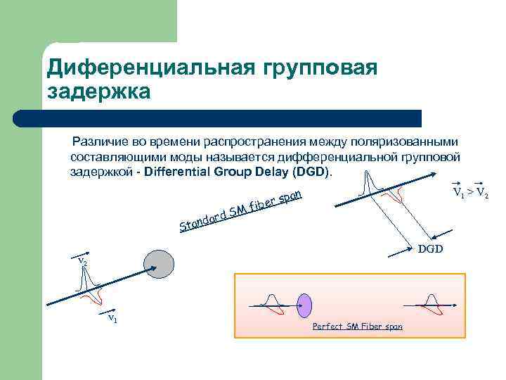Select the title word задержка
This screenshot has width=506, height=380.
[98, 92]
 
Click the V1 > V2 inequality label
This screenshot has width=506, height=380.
[470, 191]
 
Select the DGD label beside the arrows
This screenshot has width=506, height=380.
[431, 249]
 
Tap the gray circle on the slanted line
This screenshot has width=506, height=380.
[158, 263]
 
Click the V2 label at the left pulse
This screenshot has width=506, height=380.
[83, 261]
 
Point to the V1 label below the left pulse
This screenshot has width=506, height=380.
[111, 318]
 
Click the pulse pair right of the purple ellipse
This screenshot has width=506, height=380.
[428, 303]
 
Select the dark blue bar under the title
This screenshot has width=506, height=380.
[232, 118]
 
